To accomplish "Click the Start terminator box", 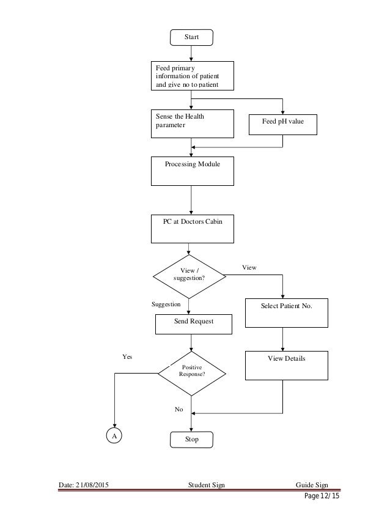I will [191, 37].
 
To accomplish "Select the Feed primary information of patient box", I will [192, 76].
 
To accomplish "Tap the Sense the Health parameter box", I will [192, 123].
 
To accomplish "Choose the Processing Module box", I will [192, 171].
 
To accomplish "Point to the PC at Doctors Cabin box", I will [192, 228].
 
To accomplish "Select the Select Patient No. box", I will [287, 313].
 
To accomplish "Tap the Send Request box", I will [193, 324].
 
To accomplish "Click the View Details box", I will [287, 365].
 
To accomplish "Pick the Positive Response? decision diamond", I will [191, 371].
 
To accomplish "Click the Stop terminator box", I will [191, 439].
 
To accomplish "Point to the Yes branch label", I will [127, 355].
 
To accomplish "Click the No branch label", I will [178, 410].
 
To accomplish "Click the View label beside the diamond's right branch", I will [249, 268].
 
